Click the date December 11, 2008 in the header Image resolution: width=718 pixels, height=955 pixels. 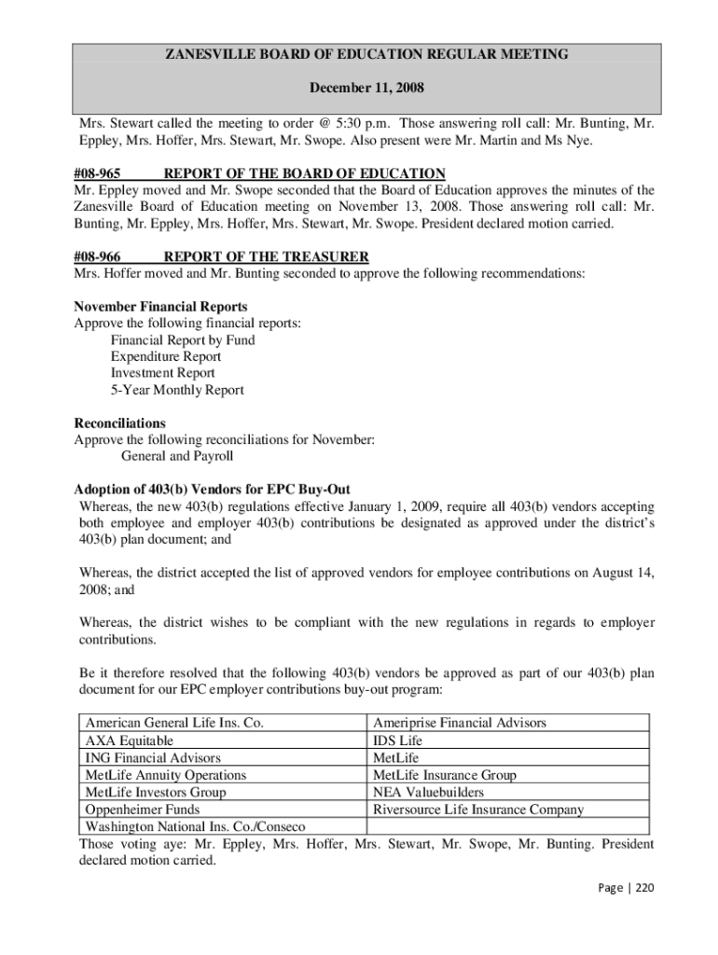click(x=366, y=89)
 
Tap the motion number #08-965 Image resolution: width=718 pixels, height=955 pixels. click(x=98, y=173)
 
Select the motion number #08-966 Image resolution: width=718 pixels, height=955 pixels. click(x=98, y=256)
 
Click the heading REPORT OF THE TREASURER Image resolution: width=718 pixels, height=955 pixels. click(x=267, y=256)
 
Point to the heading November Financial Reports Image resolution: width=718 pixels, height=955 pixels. click(x=160, y=307)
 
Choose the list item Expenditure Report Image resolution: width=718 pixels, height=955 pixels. click(x=166, y=356)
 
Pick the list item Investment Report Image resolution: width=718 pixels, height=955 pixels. click(x=163, y=373)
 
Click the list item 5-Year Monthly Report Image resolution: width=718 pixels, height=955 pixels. click(x=177, y=390)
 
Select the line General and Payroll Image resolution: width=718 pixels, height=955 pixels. click(x=177, y=456)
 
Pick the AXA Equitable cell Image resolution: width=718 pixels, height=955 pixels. click(x=130, y=740)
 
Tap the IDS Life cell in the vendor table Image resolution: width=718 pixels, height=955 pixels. click(x=397, y=740)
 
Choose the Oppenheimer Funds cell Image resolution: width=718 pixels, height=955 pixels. click(x=142, y=810)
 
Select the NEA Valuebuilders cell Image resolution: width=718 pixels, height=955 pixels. click(x=428, y=793)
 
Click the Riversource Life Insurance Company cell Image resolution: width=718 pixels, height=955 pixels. click(x=478, y=810)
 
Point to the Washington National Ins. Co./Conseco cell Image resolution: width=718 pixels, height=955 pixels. click(x=195, y=827)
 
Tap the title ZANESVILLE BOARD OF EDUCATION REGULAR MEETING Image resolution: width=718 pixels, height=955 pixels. click(x=366, y=55)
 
